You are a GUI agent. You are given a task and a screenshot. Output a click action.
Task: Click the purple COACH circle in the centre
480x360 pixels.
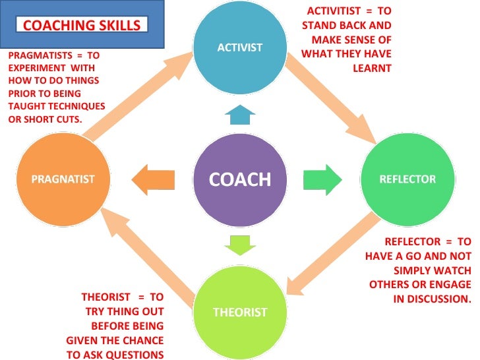[x=240, y=179]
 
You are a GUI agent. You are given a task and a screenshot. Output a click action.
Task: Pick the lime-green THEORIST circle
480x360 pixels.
[x=240, y=311]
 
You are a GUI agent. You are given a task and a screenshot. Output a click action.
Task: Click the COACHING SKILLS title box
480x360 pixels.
[x=82, y=26]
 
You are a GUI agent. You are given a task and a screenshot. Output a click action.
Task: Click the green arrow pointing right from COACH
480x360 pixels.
[x=322, y=179]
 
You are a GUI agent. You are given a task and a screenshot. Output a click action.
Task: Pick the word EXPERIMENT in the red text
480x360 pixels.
[x=34, y=69]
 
